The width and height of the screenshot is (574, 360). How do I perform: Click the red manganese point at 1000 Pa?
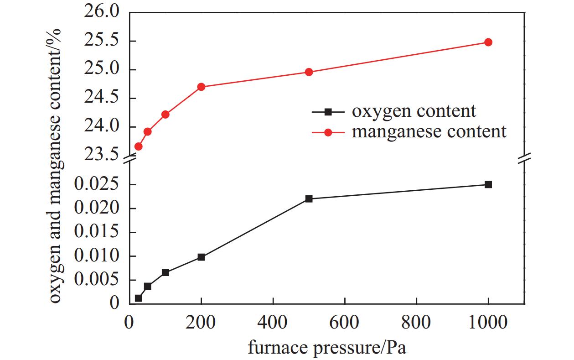tap(488, 42)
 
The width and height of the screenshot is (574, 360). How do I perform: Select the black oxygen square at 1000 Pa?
tap(488, 184)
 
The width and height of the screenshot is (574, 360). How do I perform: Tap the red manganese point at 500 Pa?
tap(309, 72)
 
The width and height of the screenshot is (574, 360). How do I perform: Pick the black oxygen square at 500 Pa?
tap(309, 198)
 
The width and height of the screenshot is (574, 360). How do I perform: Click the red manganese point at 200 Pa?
tap(201, 87)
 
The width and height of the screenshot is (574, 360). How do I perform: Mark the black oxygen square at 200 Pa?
tap(201, 257)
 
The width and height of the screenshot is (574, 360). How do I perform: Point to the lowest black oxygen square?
tap(138, 298)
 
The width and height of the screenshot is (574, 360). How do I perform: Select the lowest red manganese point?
tap(138, 146)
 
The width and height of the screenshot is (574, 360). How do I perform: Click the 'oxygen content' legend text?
tap(414, 111)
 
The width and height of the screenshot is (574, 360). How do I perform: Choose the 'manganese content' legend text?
tap(429, 132)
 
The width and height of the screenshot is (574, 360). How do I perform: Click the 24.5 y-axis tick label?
tap(101, 98)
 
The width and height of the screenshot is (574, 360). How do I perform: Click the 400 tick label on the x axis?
tap(273, 323)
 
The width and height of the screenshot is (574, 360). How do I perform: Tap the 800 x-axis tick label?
tap(416, 323)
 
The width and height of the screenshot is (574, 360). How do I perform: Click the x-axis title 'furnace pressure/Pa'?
tap(326, 348)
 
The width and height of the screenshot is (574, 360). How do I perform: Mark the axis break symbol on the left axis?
tap(129, 158)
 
